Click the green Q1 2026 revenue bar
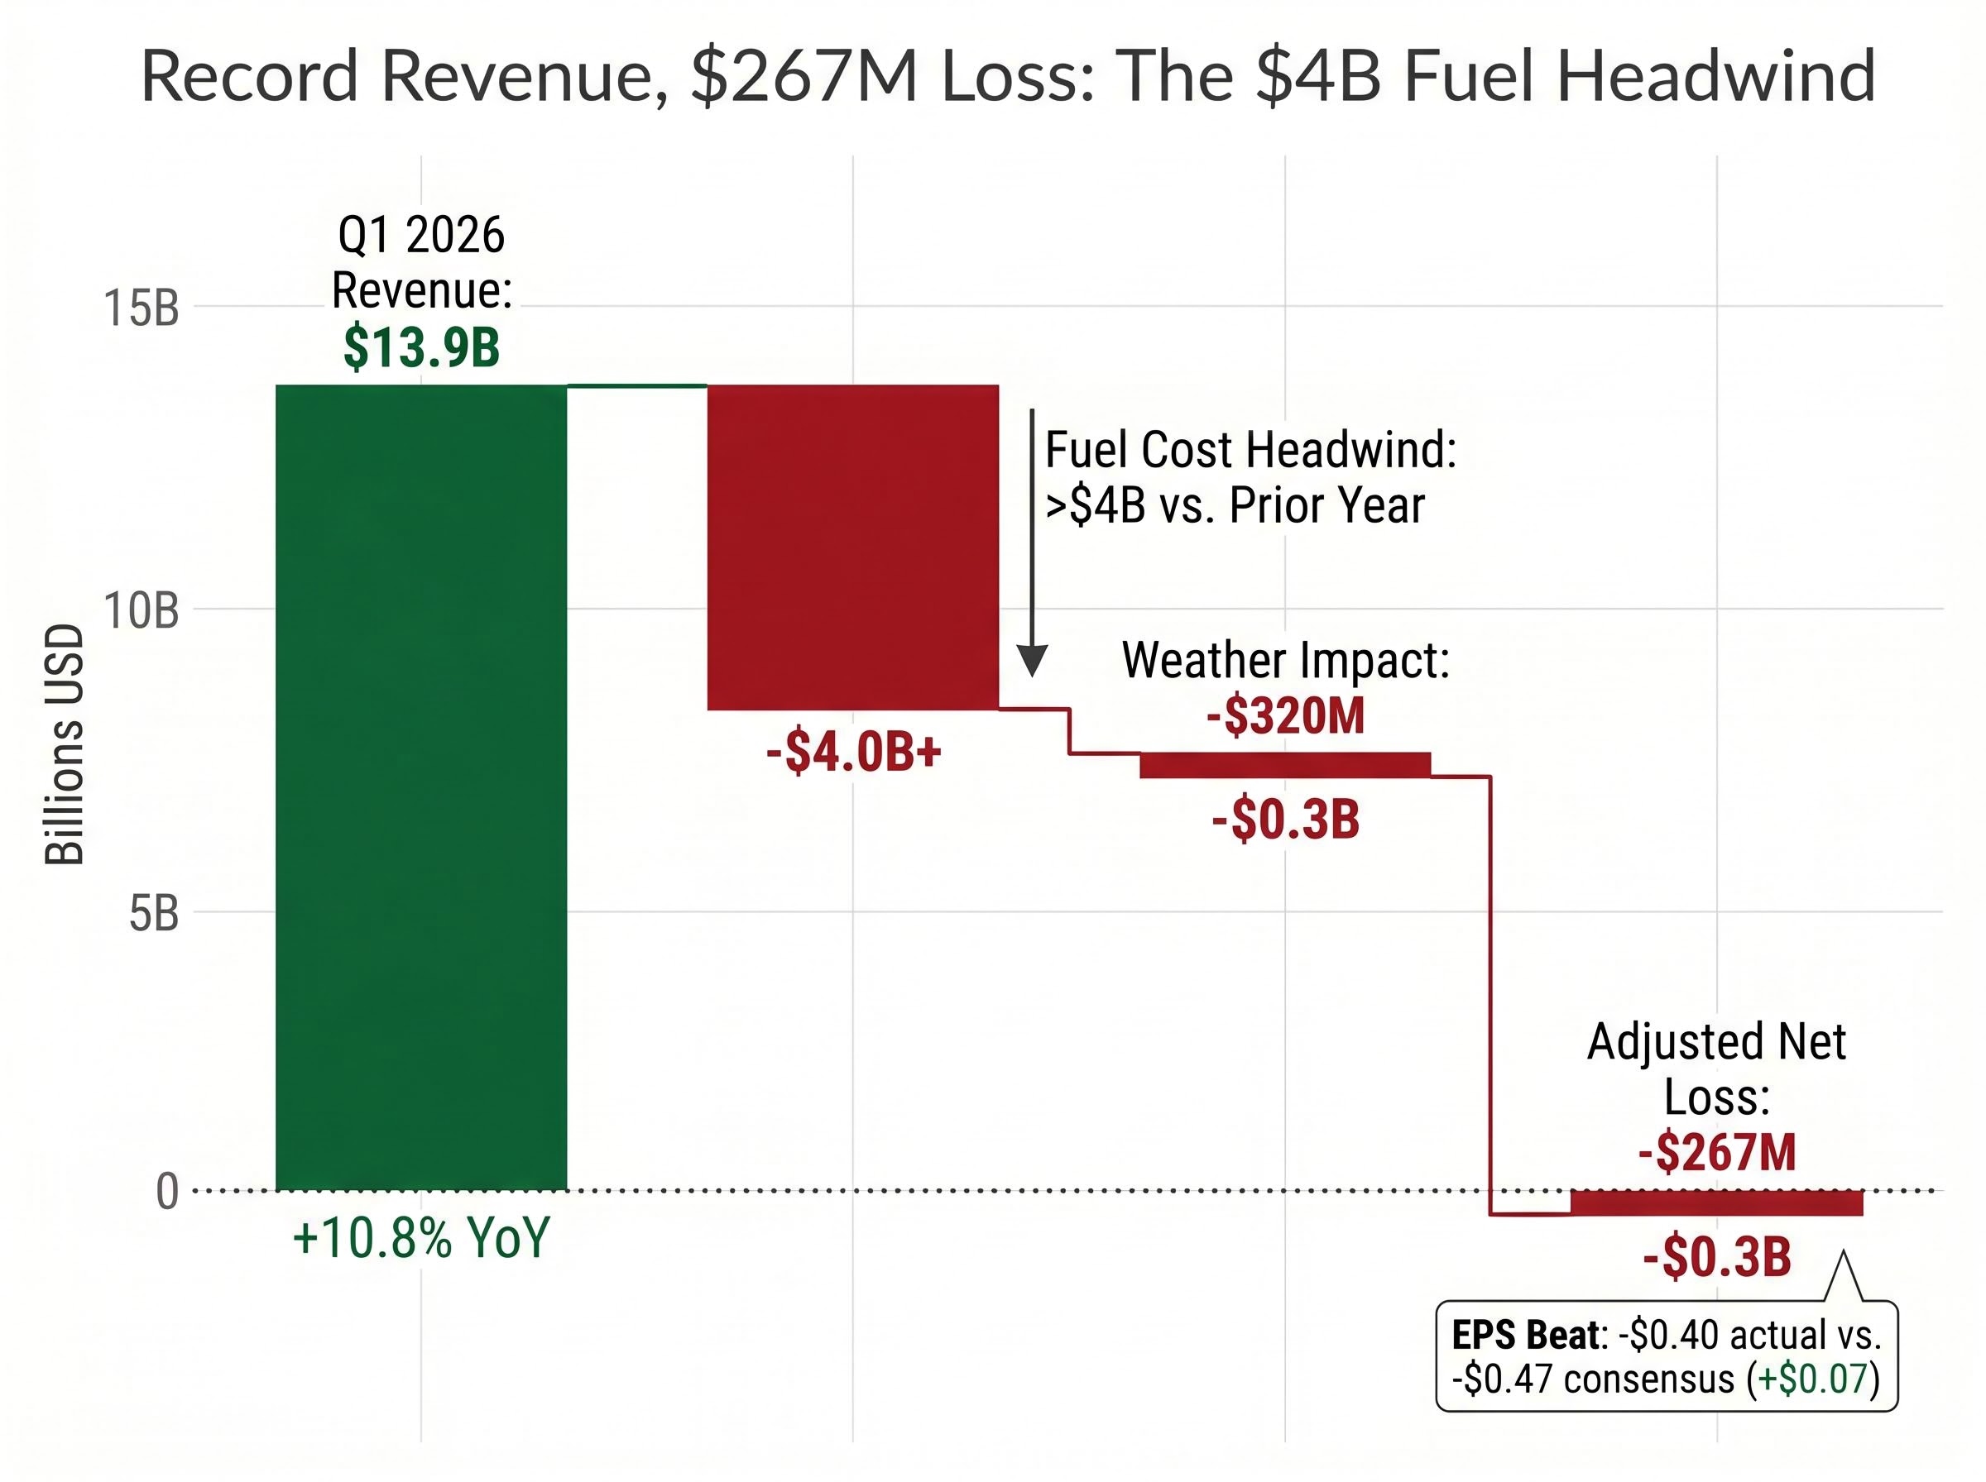pos(421,787)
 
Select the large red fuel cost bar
pos(852,547)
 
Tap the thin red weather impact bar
pos(1284,765)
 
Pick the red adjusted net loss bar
pos(1716,1203)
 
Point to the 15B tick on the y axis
pos(141,308)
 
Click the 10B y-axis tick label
pos(141,611)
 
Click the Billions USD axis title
pos(65,744)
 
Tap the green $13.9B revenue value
pos(421,348)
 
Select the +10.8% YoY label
pos(421,1238)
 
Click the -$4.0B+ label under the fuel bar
pos(853,752)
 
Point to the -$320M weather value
pos(1285,716)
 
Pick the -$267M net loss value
pos(1717,1153)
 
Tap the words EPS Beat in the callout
pos(1525,1336)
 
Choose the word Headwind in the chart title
pos(1715,76)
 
